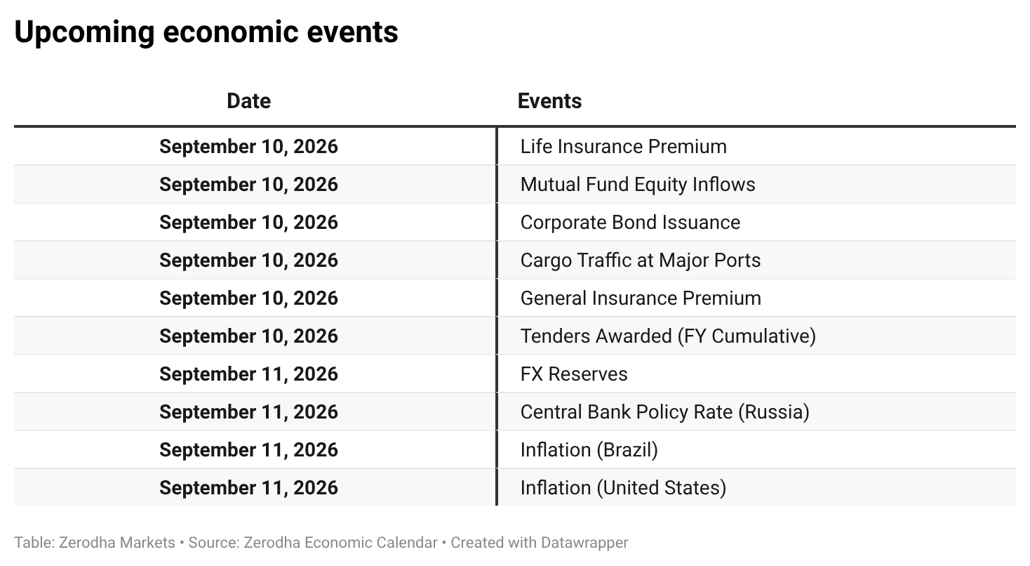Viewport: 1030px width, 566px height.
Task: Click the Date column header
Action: click(x=248, y=101)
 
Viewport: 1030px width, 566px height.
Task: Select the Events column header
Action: click(x=549, y=101)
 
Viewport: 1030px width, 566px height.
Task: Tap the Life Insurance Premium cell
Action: click(x=624, y=146)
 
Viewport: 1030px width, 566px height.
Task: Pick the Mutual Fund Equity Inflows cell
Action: click(x=638, y=185)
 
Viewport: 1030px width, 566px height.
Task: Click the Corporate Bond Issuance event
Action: click(x=630, y=223)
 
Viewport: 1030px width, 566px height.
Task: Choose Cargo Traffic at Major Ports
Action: click(x=641, y=261)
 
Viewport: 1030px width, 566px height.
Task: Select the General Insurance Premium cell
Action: click(x=641, y=298)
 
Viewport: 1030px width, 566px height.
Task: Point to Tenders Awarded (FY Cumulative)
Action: click(x=668, y=336)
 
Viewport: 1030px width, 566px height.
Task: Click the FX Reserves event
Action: click(x=574, y=374)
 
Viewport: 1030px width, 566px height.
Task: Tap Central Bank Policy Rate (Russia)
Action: click(x=665, y=412)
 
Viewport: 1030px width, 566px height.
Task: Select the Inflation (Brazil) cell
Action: click(x=589, y=450)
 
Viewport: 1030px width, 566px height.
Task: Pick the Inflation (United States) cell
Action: click(x=624, y=488)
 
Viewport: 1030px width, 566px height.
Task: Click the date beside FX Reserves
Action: click(x=249, y=374)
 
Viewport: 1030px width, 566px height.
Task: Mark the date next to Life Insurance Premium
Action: click(x=249, y=147)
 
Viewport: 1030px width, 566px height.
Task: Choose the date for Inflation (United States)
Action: click(x=249, y=488)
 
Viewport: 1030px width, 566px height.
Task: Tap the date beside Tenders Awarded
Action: click(x=249, y=336)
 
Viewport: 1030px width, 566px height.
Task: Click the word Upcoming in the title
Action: click(x=84, y=33)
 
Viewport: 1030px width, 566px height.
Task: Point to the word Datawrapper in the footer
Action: click(x=584, y=543)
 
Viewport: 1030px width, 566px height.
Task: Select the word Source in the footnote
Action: click(x=213, y=543)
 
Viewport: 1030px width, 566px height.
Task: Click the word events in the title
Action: click(x=352, y=33)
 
